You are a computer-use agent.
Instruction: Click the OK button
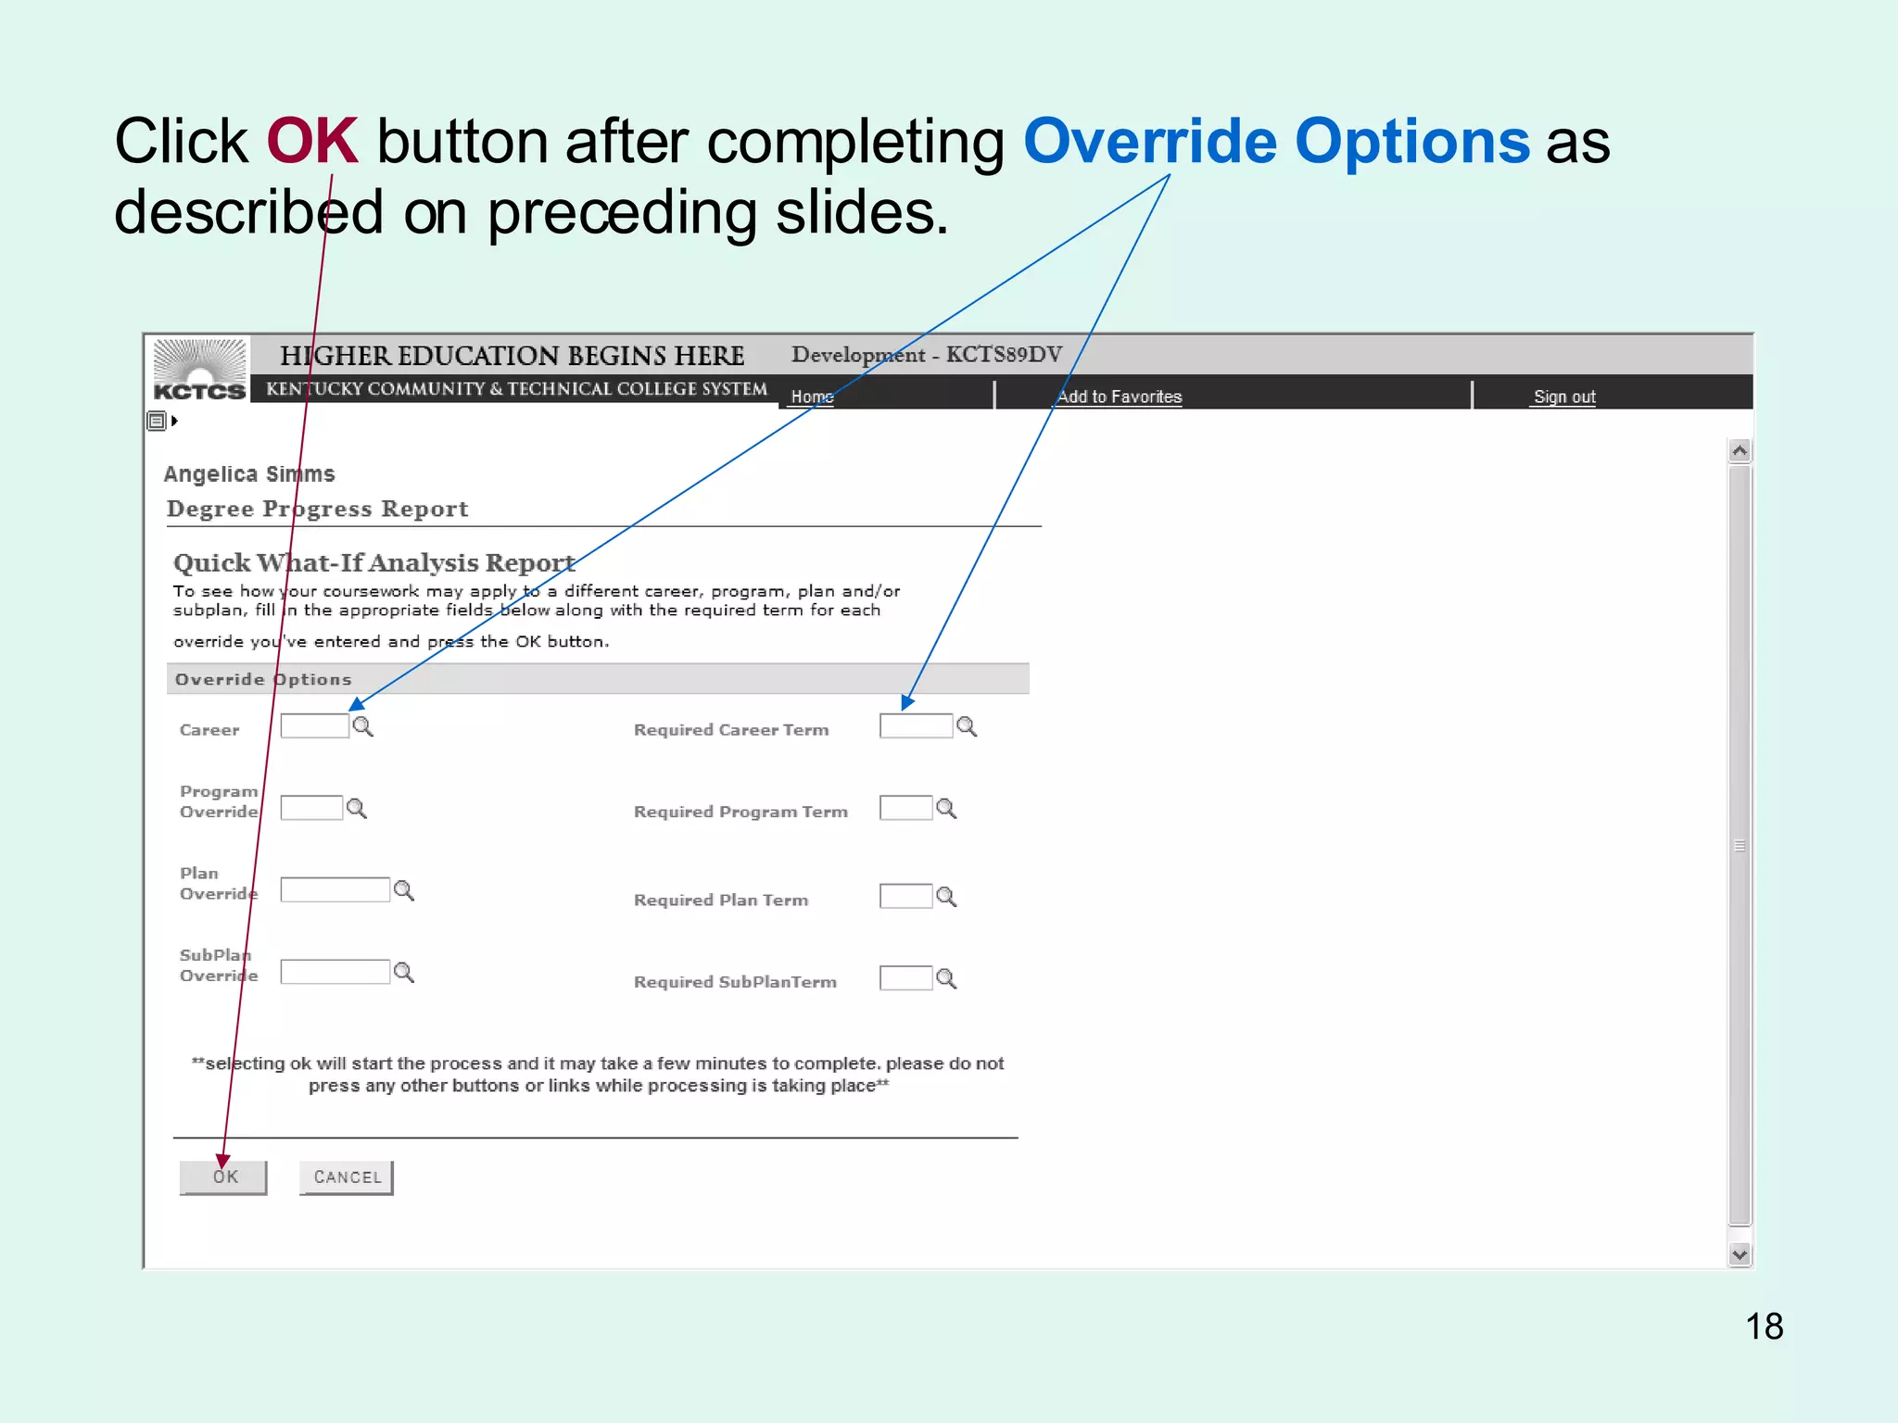223,1177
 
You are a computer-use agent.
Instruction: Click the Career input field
314,726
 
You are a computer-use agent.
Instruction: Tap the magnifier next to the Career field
363,727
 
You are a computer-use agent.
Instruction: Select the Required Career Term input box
916,726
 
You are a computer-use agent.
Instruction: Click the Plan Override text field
335,890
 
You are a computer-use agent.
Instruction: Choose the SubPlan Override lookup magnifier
404,973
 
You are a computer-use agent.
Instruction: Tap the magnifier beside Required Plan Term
946,897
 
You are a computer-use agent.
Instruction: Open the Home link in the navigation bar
812,397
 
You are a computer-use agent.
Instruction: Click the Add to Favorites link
1120,397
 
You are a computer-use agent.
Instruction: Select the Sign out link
1564,397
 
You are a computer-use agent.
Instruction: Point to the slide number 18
1764,1327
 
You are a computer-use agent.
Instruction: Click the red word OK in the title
312,142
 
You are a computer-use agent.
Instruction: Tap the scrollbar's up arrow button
1740,451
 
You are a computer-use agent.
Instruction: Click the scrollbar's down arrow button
1740,1254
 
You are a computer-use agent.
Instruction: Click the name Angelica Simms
249,474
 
